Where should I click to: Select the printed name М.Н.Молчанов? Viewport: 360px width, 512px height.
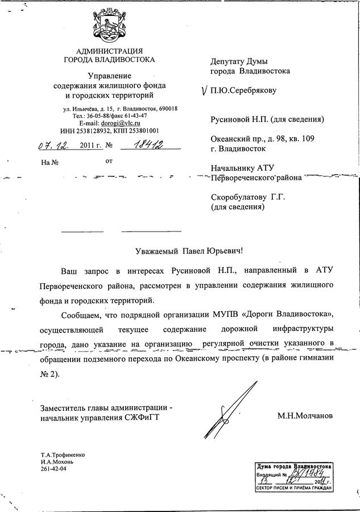pyautogui.click(x=305, y=416)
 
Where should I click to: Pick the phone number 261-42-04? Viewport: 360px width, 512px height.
pyautogui.click(x=53, y=469)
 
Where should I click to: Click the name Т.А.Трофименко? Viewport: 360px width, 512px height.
pyautogui.click(x=63, y=455)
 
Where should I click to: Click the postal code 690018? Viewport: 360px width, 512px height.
pyautogui.click(x=168, y=109)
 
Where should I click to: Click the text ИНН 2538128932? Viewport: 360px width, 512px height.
pyautogui.click(x=85, y=130)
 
